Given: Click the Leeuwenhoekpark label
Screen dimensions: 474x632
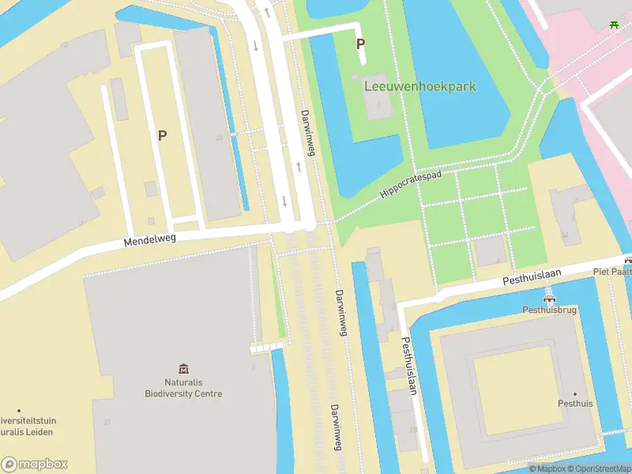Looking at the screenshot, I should (x=419, y=86).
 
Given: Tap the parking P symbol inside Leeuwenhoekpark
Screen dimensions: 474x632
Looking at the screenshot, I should (x=361, y=44).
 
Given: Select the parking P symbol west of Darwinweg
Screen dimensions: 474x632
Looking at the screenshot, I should (x=162, y=135).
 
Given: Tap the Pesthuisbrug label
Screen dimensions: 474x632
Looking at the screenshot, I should (x=549, y=310).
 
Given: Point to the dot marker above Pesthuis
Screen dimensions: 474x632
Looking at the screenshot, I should (x=575, y=393).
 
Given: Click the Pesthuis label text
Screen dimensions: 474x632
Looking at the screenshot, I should (x=575, y=404).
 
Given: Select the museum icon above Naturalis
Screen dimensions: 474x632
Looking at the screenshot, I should (x=183, y=368).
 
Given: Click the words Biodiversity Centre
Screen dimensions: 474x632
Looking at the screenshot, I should (x=183, y=393).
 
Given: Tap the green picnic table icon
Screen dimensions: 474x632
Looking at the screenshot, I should (x=614, y=24).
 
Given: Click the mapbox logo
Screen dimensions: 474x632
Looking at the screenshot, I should (x=34, y=465).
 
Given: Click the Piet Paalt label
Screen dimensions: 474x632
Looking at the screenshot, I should (x=612, y=271).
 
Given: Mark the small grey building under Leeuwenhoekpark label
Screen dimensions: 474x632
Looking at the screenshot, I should (x=378, y=106).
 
